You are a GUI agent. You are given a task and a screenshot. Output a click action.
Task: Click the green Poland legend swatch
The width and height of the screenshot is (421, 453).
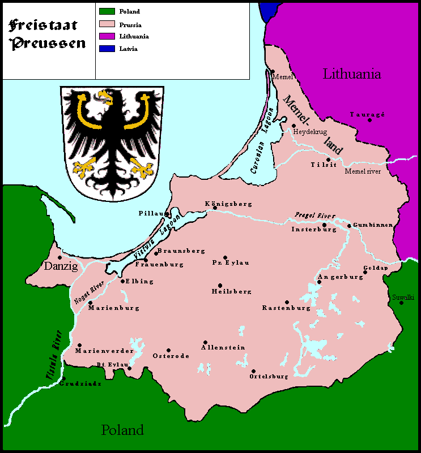click(x=107, y=11)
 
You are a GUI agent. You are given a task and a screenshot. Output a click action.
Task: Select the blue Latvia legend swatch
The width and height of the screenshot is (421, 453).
click(x=107, y=49)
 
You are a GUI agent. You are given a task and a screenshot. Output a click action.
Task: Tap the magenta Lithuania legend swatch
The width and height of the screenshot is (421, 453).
click(x=107, y=36)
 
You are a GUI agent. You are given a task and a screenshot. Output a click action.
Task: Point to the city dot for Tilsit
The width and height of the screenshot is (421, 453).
click(x=328, y=159)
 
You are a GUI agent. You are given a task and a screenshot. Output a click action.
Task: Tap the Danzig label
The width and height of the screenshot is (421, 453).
click(x=60, y=266)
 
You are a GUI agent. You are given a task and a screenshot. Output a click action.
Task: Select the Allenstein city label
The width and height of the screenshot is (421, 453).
click(x=223, y=347)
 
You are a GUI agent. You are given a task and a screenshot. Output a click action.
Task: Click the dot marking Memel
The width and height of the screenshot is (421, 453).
click(x=272, y=71)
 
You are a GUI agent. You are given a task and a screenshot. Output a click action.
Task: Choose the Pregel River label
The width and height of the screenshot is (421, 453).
click(x=315, y=215)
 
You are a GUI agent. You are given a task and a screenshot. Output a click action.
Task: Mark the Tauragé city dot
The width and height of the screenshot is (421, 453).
click(x=369, y=120)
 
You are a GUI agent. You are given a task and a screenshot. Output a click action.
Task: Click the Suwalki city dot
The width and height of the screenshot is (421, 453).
click(x=401, y=303)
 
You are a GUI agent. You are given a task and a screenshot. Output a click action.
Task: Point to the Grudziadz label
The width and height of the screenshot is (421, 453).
click(x=80, y=383)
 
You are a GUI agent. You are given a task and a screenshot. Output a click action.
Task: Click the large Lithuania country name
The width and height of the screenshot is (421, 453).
click(x=351, y=74)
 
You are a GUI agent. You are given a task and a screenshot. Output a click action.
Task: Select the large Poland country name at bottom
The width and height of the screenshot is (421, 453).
click(x=122, y=430)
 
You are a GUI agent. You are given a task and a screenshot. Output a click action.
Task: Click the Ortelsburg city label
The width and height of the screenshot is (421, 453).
click(x=269, y=376)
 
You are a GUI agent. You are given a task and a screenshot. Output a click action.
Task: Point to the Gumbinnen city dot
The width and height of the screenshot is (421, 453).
click(x=349, y=225)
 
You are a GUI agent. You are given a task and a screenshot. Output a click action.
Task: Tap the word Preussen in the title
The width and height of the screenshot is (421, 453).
click(x=48, y=43)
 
